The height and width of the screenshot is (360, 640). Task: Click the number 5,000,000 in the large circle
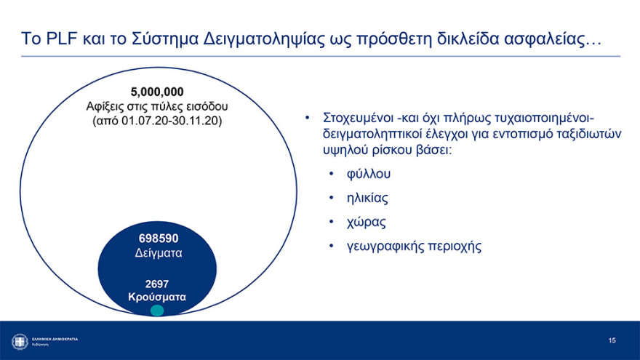(157, 92)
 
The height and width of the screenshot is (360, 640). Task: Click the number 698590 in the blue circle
(159, 239)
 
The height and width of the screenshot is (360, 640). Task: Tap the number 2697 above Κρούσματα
(157, 284)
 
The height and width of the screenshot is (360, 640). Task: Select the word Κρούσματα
(157, 297)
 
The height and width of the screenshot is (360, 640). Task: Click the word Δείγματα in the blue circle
(159, 254)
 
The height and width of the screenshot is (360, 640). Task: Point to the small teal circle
(157, 311)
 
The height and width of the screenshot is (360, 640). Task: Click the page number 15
(612, 340)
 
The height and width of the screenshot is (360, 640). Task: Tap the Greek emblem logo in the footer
(20, 341)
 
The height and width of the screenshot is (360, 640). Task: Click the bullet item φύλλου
(369, 175)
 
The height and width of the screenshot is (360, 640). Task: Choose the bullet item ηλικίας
(368, 198)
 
